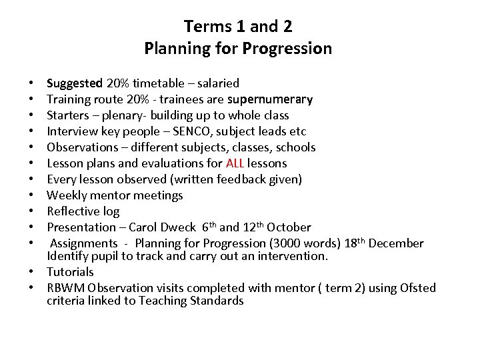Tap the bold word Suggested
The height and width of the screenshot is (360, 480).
(x=75, y=83)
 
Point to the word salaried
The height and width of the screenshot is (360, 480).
(x=218, y=83)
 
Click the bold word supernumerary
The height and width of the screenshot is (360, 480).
(x=270, y=99)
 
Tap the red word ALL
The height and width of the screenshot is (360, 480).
(x=235, y=163)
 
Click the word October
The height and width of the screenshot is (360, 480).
(x=289, y=227)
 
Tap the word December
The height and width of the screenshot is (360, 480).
(x=397, y=243)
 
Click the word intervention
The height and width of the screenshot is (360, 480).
(x=293, y=256)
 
